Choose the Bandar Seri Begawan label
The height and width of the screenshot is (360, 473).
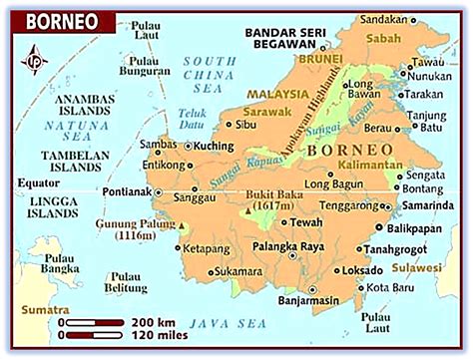(x=285, y=38)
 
